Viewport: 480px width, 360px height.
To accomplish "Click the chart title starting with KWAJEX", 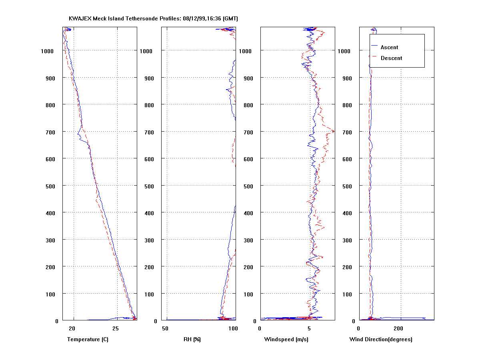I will (x=154, y=19).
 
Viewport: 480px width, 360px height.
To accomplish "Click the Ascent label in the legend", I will (x=389, y=47).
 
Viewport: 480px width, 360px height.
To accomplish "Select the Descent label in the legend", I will (x=391, y=58).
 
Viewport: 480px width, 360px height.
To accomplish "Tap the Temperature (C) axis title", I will (x=88, y=340).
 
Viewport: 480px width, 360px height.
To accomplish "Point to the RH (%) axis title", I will (x=192, y=340).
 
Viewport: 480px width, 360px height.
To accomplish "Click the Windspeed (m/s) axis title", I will (x=286, y=340).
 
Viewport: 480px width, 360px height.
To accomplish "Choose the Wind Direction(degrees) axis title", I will (x=381, y=340).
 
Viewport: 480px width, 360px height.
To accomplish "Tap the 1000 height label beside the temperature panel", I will (x=47, y=51).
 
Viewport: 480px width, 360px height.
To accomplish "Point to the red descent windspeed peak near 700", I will (x=334, y=130).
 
